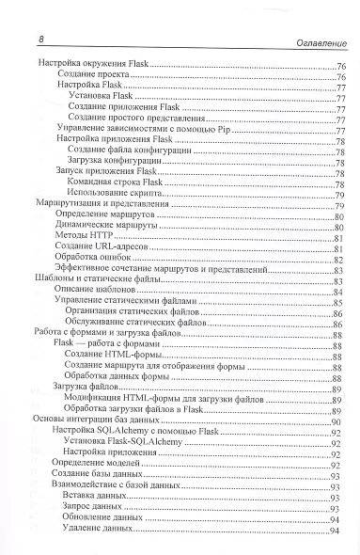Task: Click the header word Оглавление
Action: pos(305,39)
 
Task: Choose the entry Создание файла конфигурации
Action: pos(129,150)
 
